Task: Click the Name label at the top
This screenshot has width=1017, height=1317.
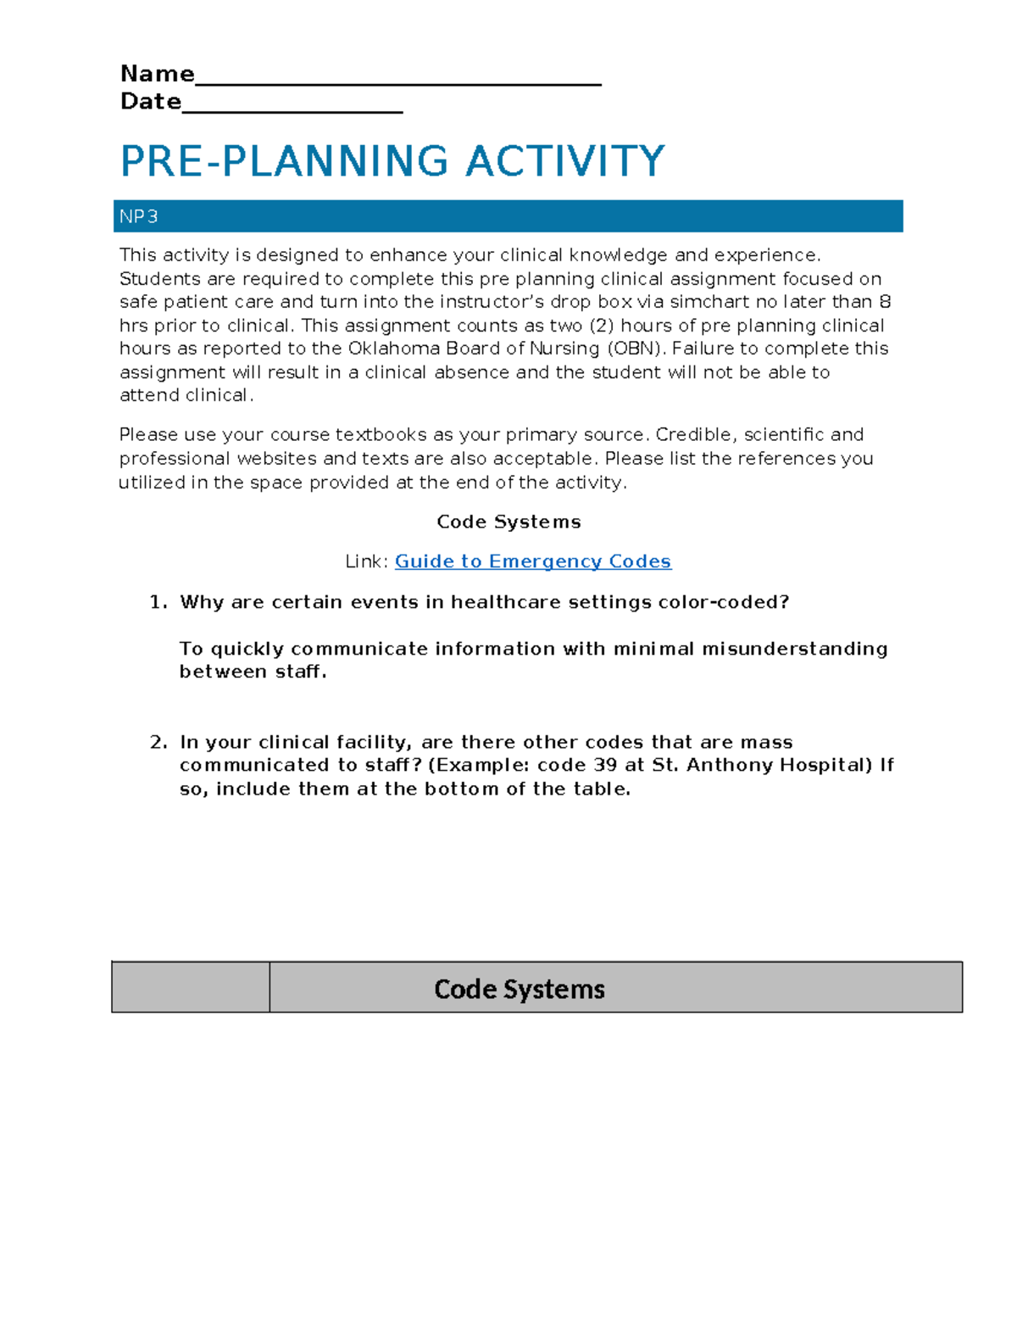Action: click(x=157, y=74)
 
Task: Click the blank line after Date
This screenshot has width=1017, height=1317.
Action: click(x=292, y=109)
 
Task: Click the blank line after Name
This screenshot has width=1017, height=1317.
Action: click(x=397, y=81)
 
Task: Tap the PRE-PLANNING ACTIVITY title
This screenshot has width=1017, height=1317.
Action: click(x=392, y=161)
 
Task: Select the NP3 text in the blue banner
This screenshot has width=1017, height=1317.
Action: click(x=138, y=217)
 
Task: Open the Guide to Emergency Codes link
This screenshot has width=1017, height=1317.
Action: click(x=532, y=561)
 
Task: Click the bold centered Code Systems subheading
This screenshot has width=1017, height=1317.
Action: click(x=508, y=522)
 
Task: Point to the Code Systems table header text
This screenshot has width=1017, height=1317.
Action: click(x=519, y=989)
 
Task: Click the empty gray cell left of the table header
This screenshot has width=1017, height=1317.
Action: click(x=191, y=987)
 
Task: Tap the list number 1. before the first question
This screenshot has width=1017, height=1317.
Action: click(x=158, y=602)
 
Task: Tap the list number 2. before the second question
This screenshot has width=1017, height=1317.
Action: click(x=158, y=742)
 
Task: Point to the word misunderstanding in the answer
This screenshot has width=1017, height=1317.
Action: click(x=794, y=649)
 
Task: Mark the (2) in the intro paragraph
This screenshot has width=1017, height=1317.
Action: click(x=601, y=326)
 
